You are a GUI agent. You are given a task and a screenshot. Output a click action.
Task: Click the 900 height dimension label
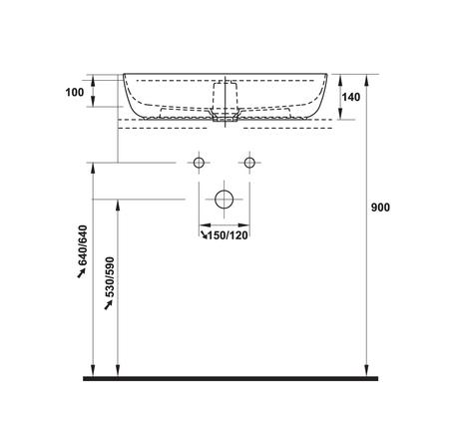coord(380,208)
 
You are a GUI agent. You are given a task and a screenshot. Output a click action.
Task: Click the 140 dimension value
coord(351,97)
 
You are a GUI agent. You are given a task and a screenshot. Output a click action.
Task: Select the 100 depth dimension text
coord(75,92)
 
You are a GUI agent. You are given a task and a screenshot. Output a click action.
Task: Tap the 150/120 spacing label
coord(228,235)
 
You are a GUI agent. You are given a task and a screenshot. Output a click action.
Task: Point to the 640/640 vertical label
coord(82,245)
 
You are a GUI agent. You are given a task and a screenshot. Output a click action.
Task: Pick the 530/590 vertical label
coord(110,277)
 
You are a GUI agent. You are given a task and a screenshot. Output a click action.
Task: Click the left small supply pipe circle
coord(199,163)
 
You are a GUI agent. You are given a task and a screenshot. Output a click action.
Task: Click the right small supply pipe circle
coord(249,163)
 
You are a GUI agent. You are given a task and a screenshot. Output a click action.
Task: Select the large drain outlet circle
coord(225,200)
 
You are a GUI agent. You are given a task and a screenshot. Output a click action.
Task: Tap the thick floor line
coord(230,378)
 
